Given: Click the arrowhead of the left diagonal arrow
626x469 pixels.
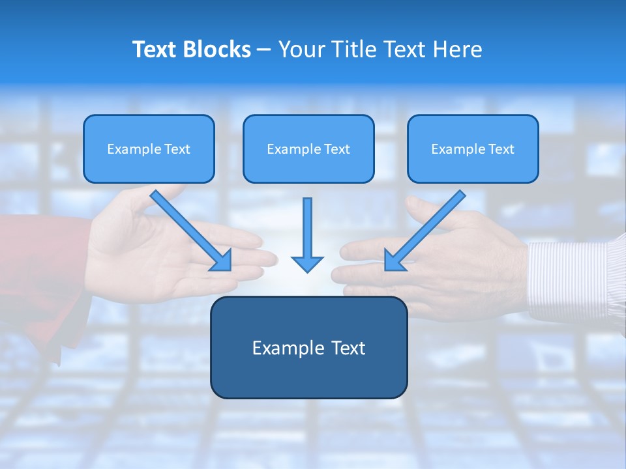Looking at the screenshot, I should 222,261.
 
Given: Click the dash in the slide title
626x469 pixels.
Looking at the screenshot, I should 264,50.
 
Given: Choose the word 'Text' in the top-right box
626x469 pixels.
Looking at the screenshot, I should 501,149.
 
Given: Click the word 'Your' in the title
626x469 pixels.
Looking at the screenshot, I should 301,50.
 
